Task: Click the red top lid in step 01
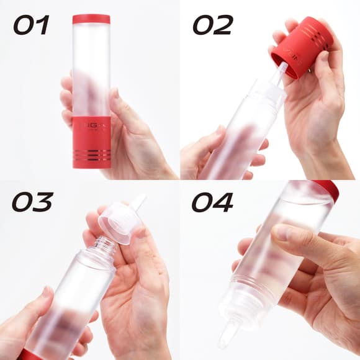[91, 19]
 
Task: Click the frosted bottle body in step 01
[91, 68]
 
